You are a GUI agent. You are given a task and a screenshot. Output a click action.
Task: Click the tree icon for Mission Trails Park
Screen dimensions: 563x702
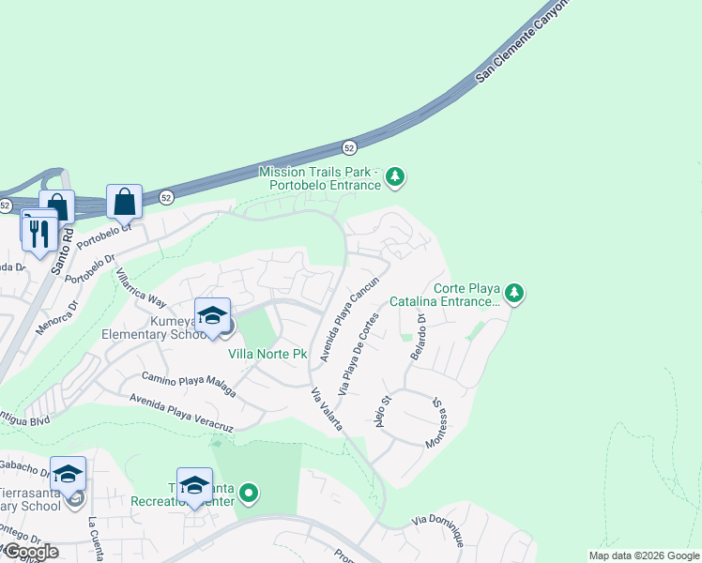(x=396, y=176)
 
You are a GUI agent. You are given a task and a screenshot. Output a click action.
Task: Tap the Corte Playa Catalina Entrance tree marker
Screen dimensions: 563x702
(x=513, y=294)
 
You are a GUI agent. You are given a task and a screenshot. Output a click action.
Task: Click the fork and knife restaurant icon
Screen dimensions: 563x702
(x=39, y=232)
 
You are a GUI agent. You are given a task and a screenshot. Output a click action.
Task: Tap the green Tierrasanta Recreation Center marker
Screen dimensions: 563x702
(x=249, y=492)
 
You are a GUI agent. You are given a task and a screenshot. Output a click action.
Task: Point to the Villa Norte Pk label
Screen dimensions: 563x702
(x=268, y=354)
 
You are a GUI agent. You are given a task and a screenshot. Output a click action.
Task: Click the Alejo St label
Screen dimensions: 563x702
(x=381, y=412)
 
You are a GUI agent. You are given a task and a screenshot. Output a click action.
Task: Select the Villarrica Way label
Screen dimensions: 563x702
(x=140, y=288)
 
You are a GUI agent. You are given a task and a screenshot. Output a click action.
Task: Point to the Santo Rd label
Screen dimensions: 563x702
(x=62, y=251)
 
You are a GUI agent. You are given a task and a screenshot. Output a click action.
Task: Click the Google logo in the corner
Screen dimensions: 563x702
(x=31, y=552)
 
